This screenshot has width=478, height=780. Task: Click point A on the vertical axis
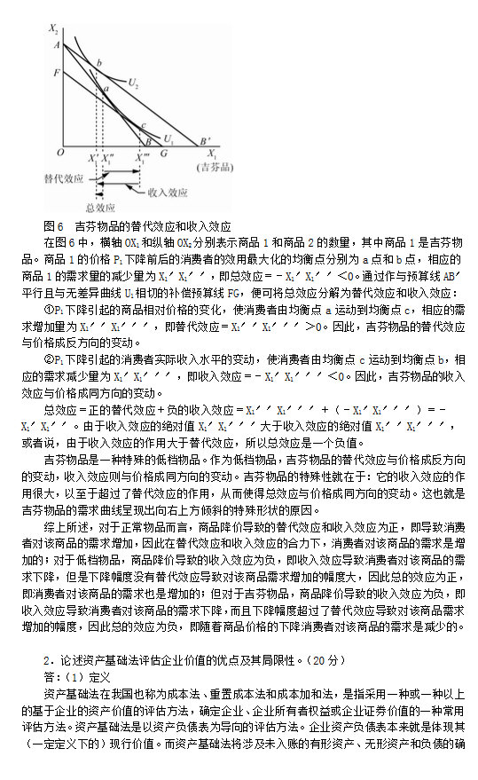(56, 43)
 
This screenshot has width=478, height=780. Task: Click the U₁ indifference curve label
(168, 138)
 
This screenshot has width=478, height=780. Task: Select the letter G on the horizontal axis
(163, 153)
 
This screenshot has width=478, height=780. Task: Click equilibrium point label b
(98, 62)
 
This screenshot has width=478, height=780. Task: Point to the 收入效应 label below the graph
(167, 191)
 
